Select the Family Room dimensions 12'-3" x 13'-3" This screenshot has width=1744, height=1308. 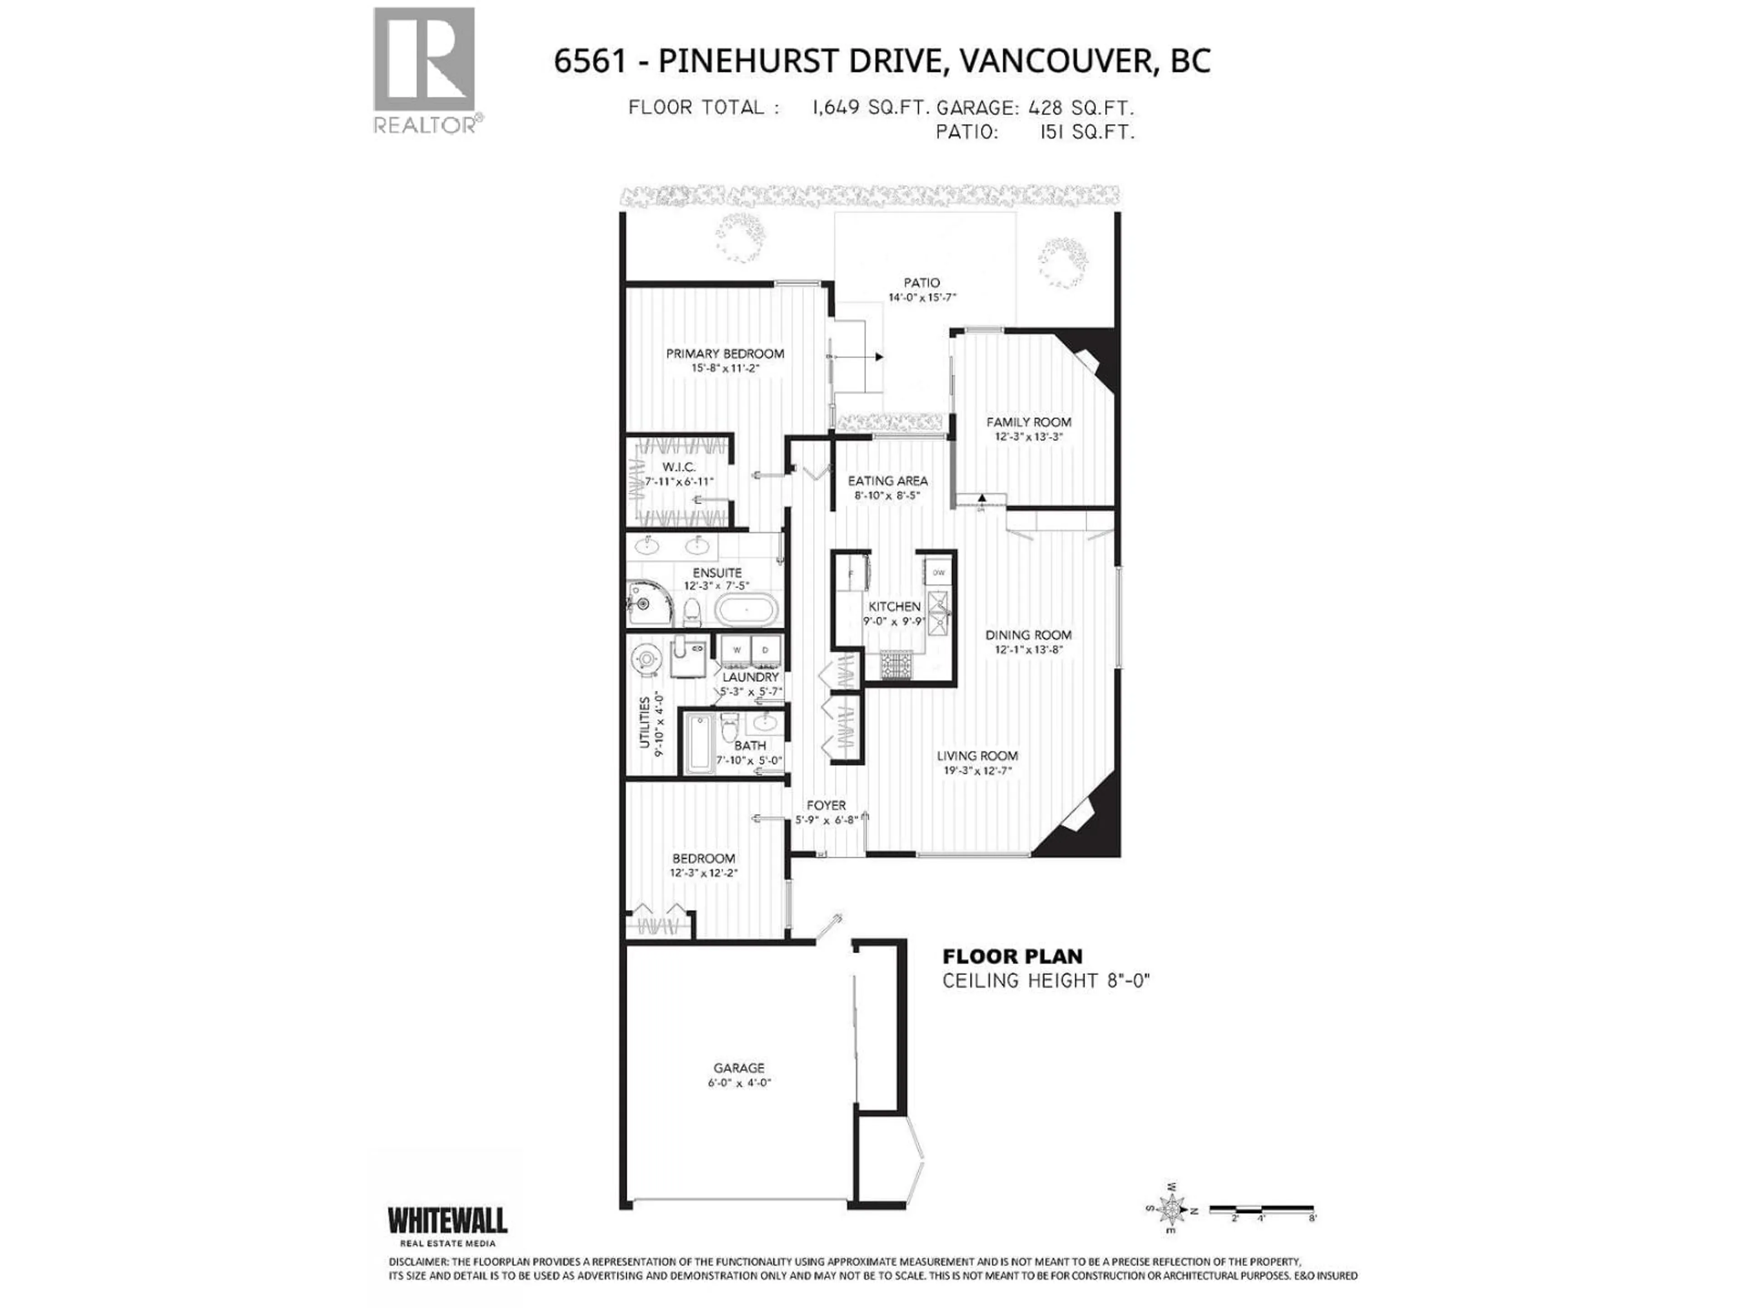(x=1028, y=436)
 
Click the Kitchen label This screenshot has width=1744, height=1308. (x=894, y=606)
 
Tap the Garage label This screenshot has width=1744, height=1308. (x=739, y=1068)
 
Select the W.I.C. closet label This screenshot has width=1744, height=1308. (x=679, y=467)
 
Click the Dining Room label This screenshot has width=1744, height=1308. (x=1028, y=634)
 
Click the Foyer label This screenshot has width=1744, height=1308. (x=826, y=805)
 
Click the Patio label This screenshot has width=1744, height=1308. (x=922, y=282)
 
